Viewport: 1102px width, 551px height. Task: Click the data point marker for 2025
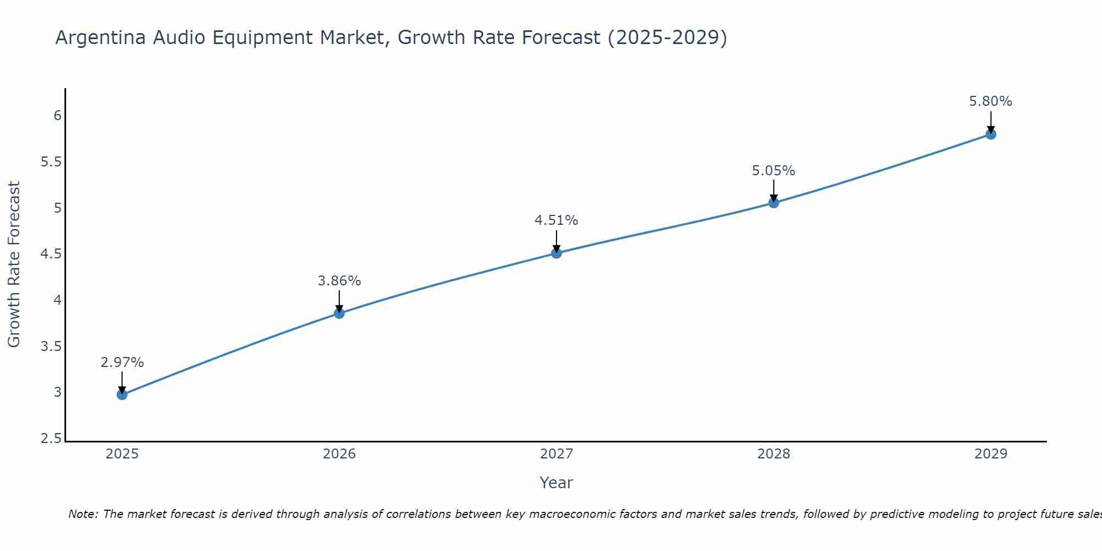click(x=122, y=395)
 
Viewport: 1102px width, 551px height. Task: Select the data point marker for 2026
click(x=339, y=314)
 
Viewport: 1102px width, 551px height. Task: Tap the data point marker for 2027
click(x=557, y=253)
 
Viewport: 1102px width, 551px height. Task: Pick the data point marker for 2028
click(x=774, y=203)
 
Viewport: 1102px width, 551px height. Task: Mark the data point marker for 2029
click(x=991, y=134)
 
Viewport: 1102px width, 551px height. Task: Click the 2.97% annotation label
click(x=122, y=363)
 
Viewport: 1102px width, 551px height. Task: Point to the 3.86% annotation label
click(x=339, y=281)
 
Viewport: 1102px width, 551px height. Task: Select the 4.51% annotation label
click(x=557, y=220)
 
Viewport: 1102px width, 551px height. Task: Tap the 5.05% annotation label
click(x=774, y=171)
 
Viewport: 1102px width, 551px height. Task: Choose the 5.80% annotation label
click(x=991, y=101)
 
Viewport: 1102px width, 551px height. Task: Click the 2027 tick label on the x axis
click(x=557, y=454)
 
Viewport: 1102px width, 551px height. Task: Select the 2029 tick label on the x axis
click(x=991, y=454)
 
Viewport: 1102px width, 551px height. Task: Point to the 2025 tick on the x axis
click(x=122, y=454)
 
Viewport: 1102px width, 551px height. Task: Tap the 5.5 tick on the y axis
click(x=51, y=162)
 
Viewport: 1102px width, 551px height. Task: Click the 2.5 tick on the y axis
click(x=51, y=439)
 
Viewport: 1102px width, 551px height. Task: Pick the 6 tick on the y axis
click(x=57, y=116)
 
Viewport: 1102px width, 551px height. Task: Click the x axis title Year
click(x=557, y=483)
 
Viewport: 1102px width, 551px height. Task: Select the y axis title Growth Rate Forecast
click(x=14, y=264)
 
